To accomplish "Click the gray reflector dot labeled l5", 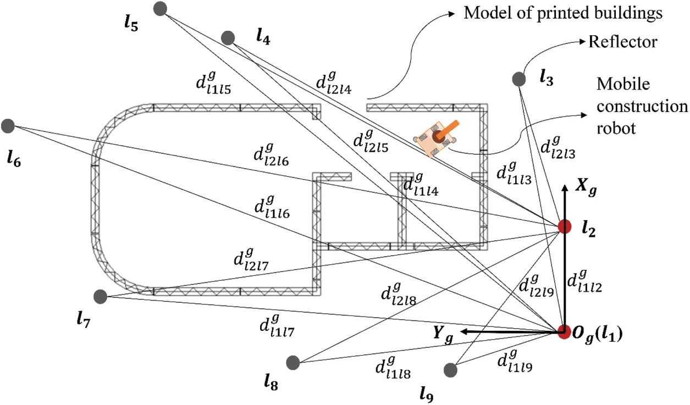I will (x=160, y=9).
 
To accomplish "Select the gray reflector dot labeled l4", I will (x=228, y=37).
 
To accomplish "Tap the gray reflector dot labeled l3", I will (x=518, y=79).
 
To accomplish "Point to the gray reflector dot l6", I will (x=8, y=126).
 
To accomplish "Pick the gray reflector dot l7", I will (x=100, y=297).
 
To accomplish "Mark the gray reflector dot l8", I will (x=292, y=362).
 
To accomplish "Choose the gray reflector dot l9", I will (x=451, y=370).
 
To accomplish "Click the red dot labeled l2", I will (x=564, y=226).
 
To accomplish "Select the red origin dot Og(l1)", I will (x=564, y=331).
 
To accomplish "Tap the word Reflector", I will (x=622, y=42).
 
